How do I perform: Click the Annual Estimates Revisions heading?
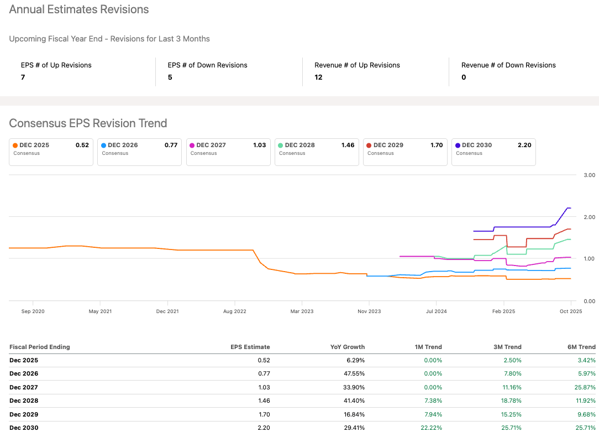(79, 9)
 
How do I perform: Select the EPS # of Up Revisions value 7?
(23, 77)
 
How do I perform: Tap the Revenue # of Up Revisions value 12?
(318, 77)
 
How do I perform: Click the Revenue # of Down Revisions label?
(508, 65)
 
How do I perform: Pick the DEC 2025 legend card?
(51, 152)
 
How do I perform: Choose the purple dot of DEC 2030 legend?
(458, 145)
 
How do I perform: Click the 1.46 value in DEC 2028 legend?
(348, 145)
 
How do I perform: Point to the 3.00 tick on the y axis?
(589, 175)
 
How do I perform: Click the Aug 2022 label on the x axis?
(235, 311)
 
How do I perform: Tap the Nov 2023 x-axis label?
(369, 311)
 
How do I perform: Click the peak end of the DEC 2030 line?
(569, 208)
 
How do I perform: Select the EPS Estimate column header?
(250, 347)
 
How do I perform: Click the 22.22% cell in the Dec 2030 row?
(432, 428)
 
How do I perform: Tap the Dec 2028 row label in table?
(24, 400)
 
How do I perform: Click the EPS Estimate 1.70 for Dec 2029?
(264, 414)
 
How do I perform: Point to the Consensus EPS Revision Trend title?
(88, 123)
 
